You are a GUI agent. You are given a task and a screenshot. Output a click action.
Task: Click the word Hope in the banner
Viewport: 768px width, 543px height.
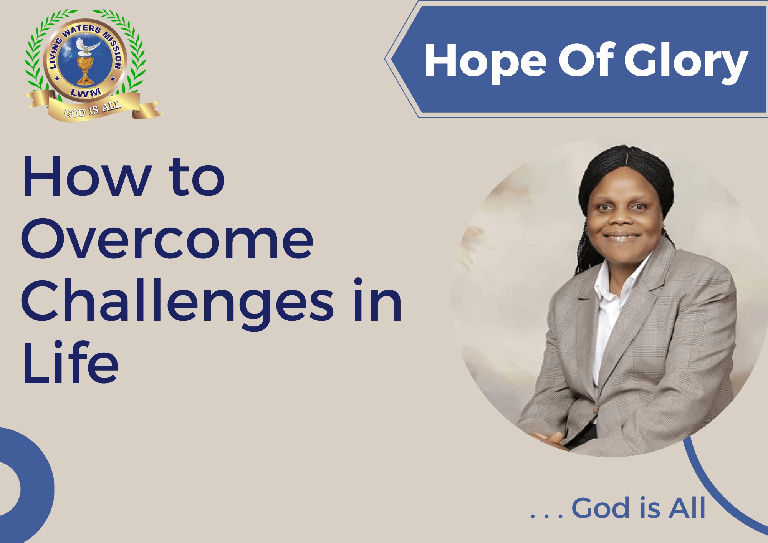tap(485, 61)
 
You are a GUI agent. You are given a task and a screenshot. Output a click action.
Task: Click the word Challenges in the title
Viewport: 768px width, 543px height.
tap(177, 301)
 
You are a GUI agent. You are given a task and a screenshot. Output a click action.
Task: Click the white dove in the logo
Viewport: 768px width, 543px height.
tap(87, 46)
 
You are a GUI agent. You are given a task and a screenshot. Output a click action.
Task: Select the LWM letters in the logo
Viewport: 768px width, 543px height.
tap(86, 93)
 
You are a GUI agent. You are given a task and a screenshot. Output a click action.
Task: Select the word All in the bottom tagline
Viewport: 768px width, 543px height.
tap(687, 508)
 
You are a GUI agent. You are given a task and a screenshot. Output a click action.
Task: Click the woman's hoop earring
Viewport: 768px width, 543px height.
tap(587, 232)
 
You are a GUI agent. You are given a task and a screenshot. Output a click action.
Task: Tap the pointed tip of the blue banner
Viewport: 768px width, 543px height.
tap(386, 59)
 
